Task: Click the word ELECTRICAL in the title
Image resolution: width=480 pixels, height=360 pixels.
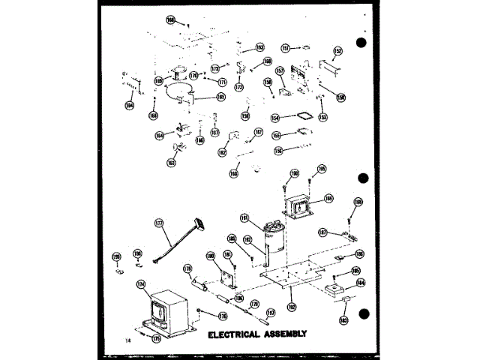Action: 233,334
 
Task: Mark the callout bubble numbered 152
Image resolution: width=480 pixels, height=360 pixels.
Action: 338,51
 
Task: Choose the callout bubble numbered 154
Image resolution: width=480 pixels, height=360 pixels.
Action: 275,118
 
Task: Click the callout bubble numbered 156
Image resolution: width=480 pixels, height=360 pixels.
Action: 277,151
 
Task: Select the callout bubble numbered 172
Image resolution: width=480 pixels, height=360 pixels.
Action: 239,88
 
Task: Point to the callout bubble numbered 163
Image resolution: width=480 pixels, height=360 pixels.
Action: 171,162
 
